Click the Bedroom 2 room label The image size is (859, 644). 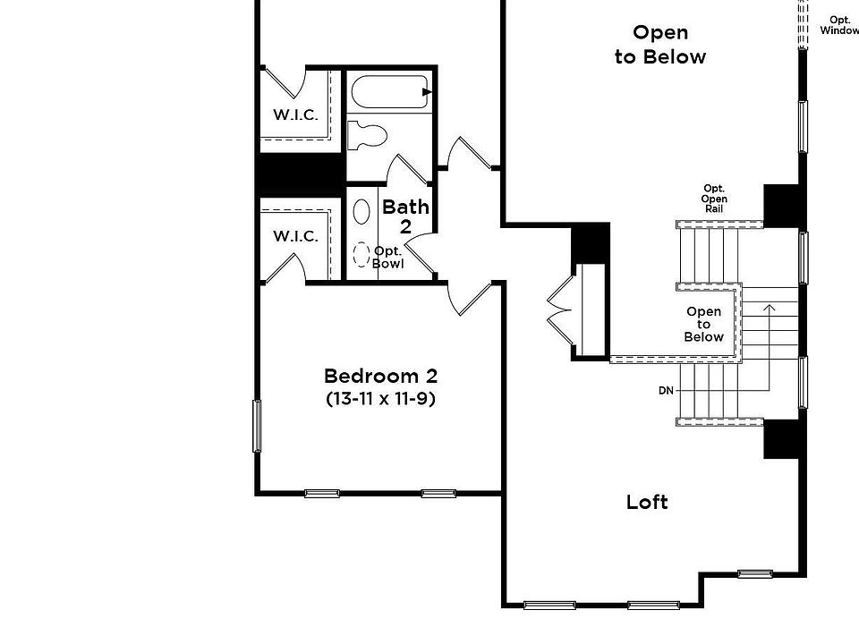pos(380,376)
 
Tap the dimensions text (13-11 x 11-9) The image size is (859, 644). pos(380,399)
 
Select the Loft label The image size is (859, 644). pos(647,502)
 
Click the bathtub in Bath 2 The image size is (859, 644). pos(390,92)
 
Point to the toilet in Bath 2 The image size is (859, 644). pos(367,134)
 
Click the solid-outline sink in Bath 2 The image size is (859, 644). pos(361,211)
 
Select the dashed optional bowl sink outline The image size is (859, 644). pos(361,255)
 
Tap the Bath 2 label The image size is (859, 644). pos(405,216)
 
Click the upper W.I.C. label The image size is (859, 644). pos(295,114)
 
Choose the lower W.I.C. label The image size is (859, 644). pos(295,236)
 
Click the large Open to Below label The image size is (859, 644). pos(660,45)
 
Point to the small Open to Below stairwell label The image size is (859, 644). pos(703,324)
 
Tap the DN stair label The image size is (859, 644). pos(666,391)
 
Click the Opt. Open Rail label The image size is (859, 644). pos(714,199)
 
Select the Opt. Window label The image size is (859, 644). pos(839,25)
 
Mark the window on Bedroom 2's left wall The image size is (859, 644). pos(257,426)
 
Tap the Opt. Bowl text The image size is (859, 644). pos(388,258)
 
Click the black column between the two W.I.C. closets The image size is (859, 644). pos(301,175)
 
